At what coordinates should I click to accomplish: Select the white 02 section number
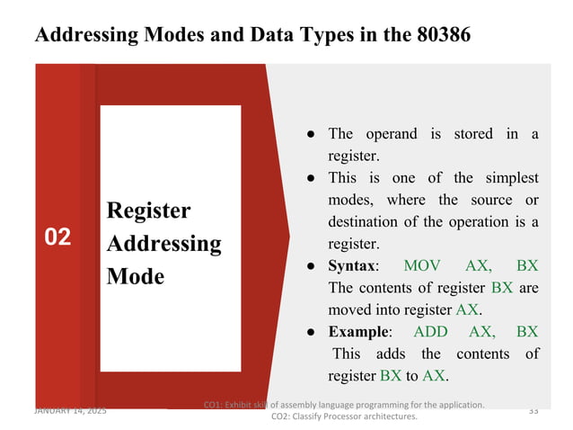click(x=57, y=237)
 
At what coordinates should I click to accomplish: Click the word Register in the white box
click(x=148, y=211)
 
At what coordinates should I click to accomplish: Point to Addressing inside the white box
click(x=163, y=243)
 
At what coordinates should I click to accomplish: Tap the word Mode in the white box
click(x=135, y=275)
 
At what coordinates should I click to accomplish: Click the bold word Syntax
click(x=351, y=265)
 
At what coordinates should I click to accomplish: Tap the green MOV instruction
click(x=422, y=265)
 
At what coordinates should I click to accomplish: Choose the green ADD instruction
click(x=430, y=331)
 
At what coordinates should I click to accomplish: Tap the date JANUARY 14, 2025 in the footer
click(x=70, y=410)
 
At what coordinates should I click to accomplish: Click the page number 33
click(x=533, y=410)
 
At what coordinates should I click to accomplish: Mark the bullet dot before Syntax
click(x=308, y=265)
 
